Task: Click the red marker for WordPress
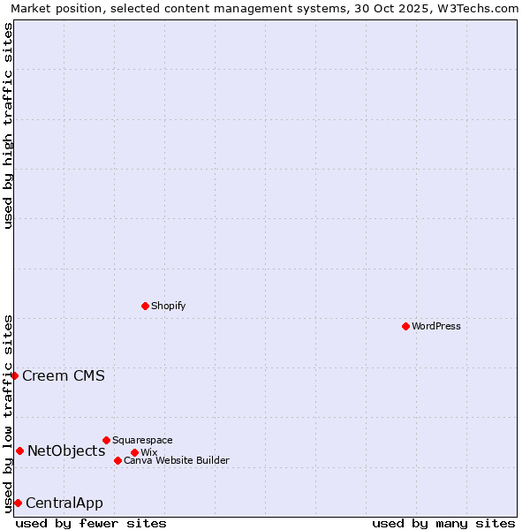tap(405, 326)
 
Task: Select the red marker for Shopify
tap(145, 306)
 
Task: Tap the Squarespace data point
tap(106, 440)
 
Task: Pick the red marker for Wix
tap(134, 452)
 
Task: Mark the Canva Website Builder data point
tap(117, 460)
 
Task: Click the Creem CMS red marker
tap(14, 375)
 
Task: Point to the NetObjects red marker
tap(19, 450)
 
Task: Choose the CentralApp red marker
tap(18, 503)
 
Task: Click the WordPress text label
tap(436, 326)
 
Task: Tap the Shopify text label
tap(168, 306)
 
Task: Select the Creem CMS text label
tap(64, 375)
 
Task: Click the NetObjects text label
tap(66, 450)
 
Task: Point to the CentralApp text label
tap(64, 503)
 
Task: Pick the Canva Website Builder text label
tap(177, 460)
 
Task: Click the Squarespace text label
tap(142, 440)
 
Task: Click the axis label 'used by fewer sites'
tap(91, 523)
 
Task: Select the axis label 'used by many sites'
tap(443, 523)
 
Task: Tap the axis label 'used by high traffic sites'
tap(8, 125)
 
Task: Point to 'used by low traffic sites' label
tap(8, 413)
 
